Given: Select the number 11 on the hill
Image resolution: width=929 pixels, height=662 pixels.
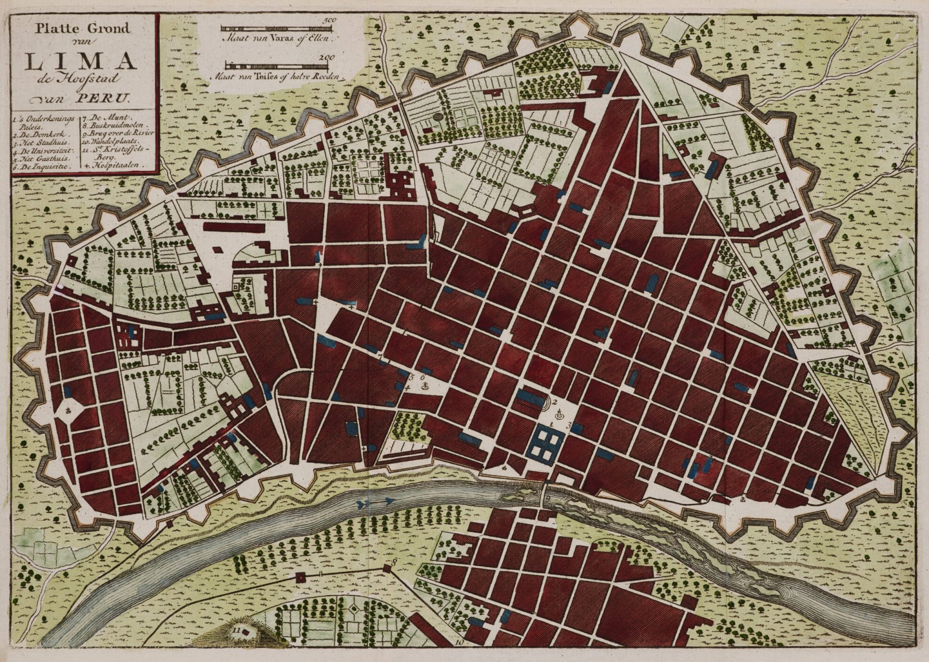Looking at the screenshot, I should pyautogui.click(x=235, y=630).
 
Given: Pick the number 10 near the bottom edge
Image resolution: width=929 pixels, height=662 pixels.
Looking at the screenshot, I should pyautogui.click(x=459, y=642).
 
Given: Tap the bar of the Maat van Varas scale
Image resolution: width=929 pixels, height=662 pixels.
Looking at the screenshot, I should pyautogui.click(x=277, y=29).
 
